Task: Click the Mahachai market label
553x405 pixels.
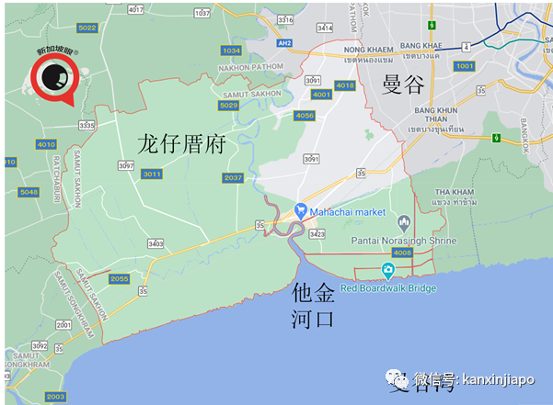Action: (347, 212)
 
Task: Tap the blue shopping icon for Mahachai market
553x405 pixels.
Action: (300, 211)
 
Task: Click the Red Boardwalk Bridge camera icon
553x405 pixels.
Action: (388, 271)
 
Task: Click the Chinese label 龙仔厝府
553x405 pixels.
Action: (181, 145)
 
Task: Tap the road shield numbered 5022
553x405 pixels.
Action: (87, 28)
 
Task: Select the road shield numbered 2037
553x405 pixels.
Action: (233, 177)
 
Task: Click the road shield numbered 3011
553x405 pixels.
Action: (152, 174)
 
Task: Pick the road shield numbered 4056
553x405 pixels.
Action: (305, 115)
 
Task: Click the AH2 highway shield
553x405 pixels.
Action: (285, 43)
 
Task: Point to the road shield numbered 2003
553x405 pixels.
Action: (55, 396)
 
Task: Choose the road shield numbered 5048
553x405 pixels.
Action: (29, 192)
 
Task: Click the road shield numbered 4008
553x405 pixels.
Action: (402, 253)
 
